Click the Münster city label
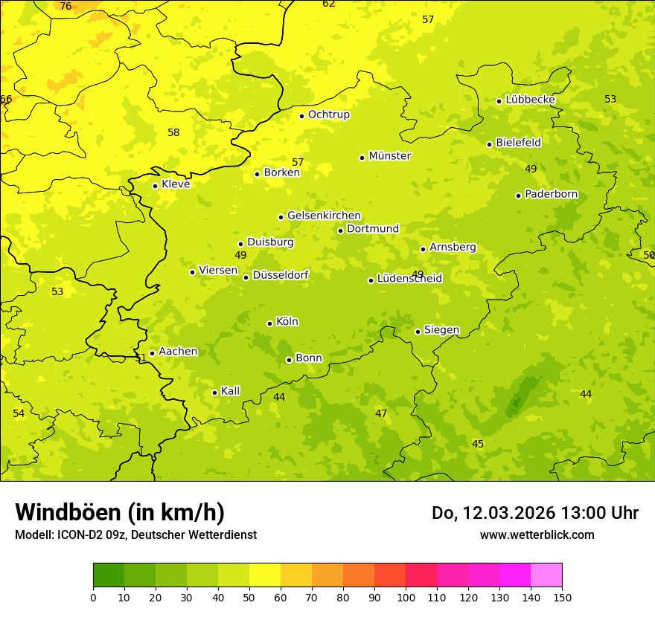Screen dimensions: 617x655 click(x=389, y=156)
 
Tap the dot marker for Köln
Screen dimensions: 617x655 click(x=269, y=323)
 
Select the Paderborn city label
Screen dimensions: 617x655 click(x=551, y=195)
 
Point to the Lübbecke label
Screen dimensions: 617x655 click(x=530, y=100)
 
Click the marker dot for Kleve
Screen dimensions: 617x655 click(x=155, y=186)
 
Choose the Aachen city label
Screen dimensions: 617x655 click(x=178, y=352)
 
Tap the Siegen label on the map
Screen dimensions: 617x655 click(x=441, y=330)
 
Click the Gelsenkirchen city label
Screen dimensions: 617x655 click(x=324, y=216)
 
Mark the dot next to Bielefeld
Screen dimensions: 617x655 click(x=489, y=144)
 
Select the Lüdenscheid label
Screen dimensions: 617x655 click(x=409, y=279)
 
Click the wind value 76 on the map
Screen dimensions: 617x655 click(x=65, y=7)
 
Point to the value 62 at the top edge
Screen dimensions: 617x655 click(x=328, y=4)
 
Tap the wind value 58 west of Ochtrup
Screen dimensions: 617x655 click(x=173, y=133)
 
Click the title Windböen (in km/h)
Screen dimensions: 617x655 click(x=120, y=512)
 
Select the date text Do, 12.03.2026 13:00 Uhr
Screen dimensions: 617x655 click(x=534, y=513)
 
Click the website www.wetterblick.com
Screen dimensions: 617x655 click(x=537, y=534)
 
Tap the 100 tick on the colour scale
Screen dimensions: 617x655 click(x=406, y=597)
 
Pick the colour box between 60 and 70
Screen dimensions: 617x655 click(x=296, y=575)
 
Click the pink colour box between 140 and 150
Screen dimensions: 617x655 click(x=546, y=575)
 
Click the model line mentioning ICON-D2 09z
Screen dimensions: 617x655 click(x=135, y=534)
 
